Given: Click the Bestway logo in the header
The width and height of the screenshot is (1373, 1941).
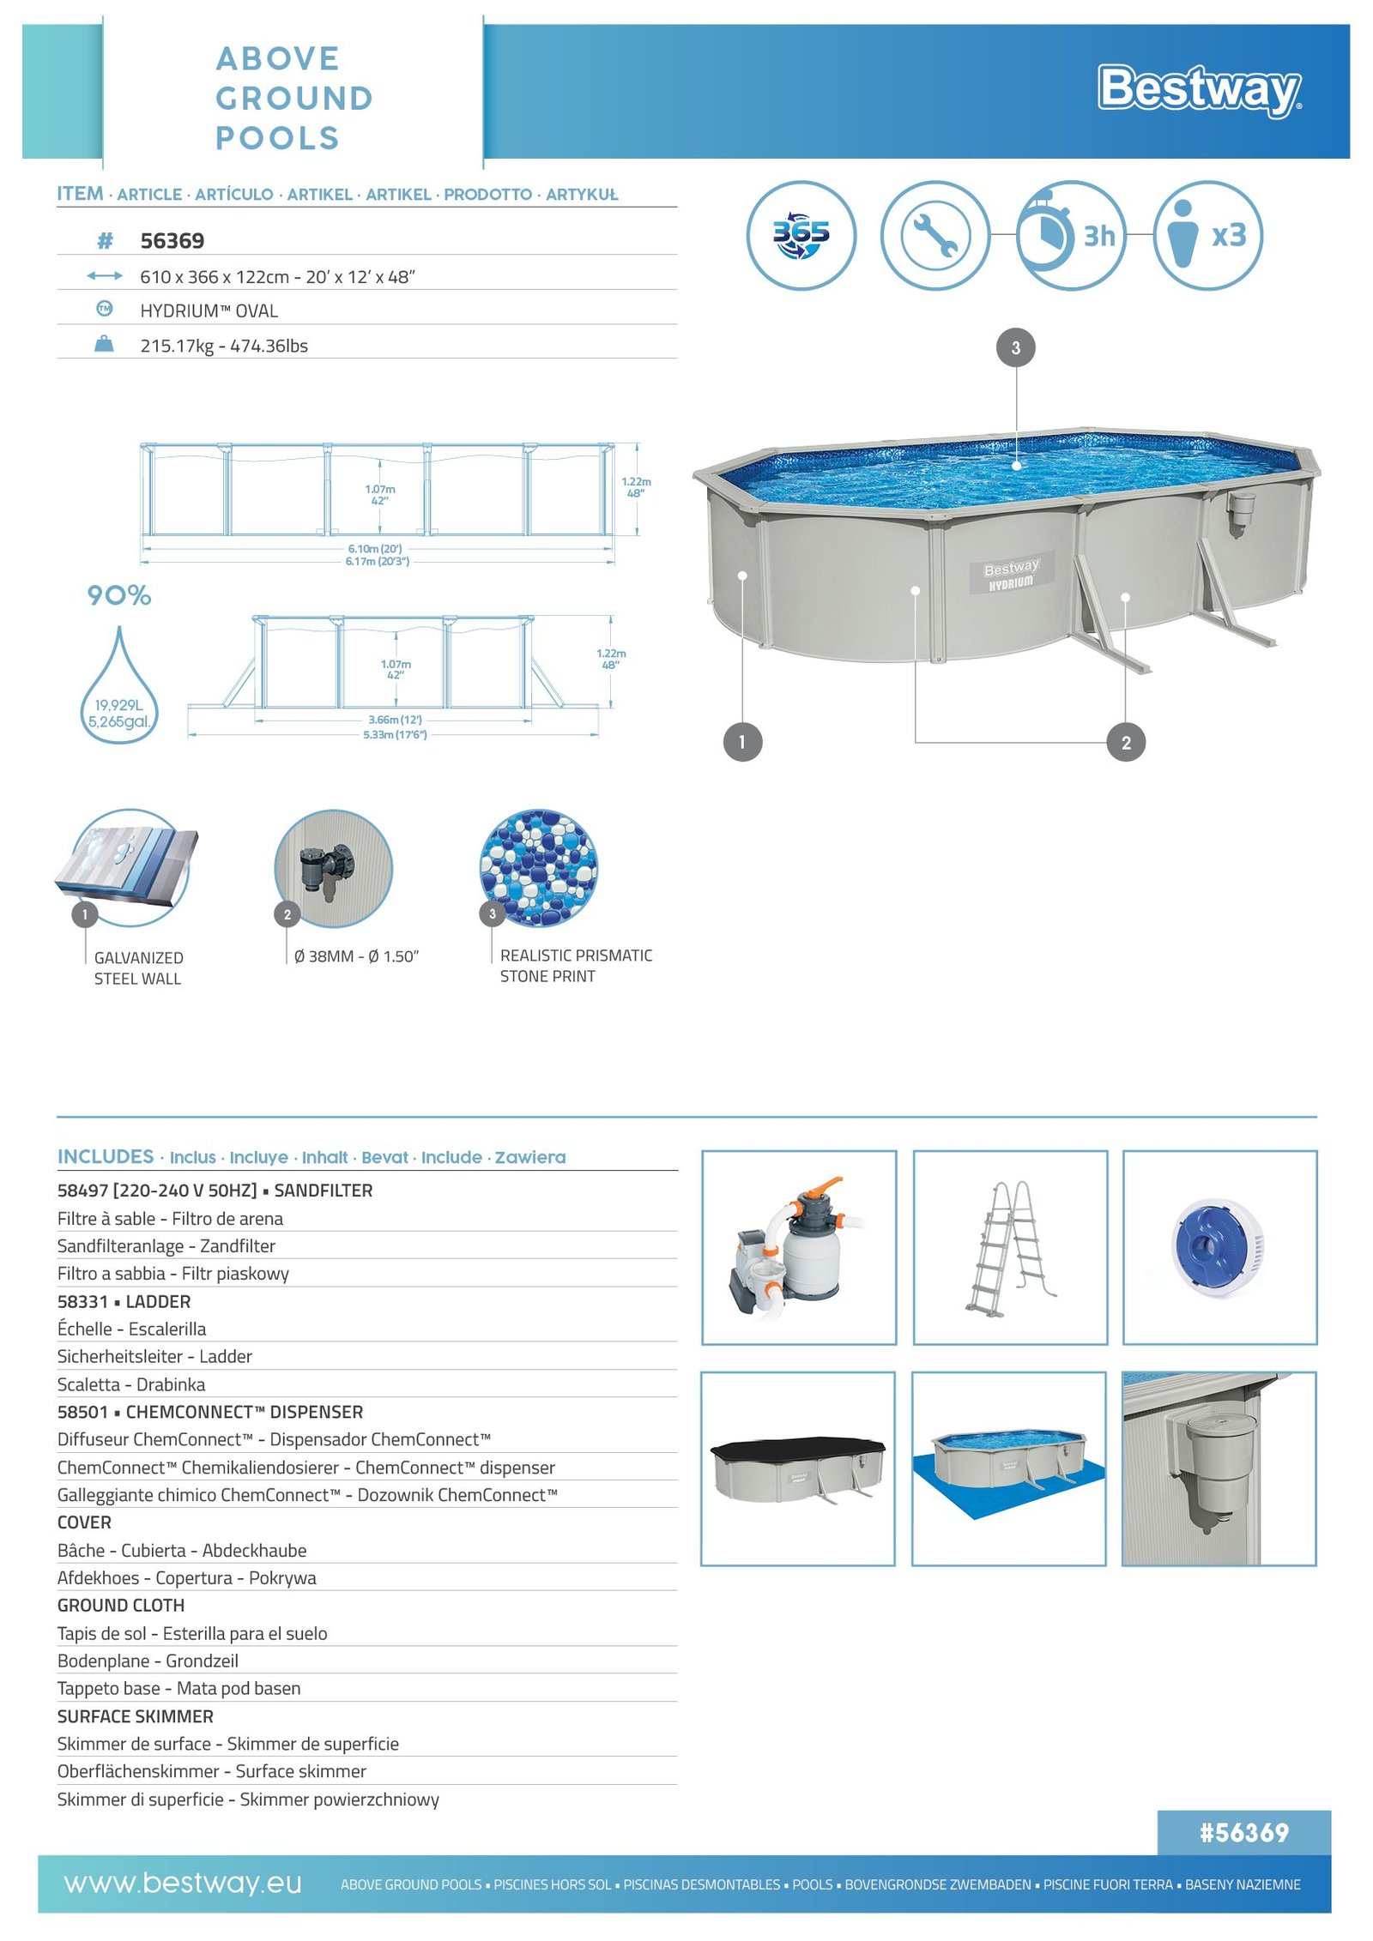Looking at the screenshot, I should pos(1199,89).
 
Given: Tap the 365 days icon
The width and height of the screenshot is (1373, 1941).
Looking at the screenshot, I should pos(800,235).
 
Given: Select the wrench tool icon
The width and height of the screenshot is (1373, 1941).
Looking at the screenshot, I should pos(934,235).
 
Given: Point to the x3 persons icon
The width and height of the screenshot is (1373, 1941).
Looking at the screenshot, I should pos(1208,235).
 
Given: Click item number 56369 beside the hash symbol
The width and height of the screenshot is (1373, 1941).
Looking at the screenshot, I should pos(172,241).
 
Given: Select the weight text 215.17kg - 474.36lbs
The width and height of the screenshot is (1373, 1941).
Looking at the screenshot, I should pos(224,346).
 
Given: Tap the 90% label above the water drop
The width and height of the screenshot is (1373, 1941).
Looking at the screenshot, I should pos(119,595).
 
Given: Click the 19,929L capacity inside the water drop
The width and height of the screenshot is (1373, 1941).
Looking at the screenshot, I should pos(119,705).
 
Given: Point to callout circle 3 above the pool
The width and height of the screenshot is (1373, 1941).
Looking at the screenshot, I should pos(1015,348).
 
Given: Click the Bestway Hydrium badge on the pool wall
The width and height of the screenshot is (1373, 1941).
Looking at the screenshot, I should pos(1011,575).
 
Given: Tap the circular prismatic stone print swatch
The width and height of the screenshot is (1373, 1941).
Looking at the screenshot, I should pos(538,867).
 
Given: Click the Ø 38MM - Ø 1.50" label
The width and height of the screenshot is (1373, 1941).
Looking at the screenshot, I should pos(356,956).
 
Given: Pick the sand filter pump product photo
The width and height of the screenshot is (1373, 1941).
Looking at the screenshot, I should pos(799,1247).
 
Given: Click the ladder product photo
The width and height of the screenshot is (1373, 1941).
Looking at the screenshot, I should pos(1010,1247).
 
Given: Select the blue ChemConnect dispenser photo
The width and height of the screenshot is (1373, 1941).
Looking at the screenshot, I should pos(1219,1247).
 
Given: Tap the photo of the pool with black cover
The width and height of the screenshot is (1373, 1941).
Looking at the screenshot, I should pos(798,1468).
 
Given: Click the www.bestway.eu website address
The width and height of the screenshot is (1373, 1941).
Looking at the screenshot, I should pos(183,1884).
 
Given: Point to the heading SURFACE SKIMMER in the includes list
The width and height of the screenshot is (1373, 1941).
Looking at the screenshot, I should pos(136,1716).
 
